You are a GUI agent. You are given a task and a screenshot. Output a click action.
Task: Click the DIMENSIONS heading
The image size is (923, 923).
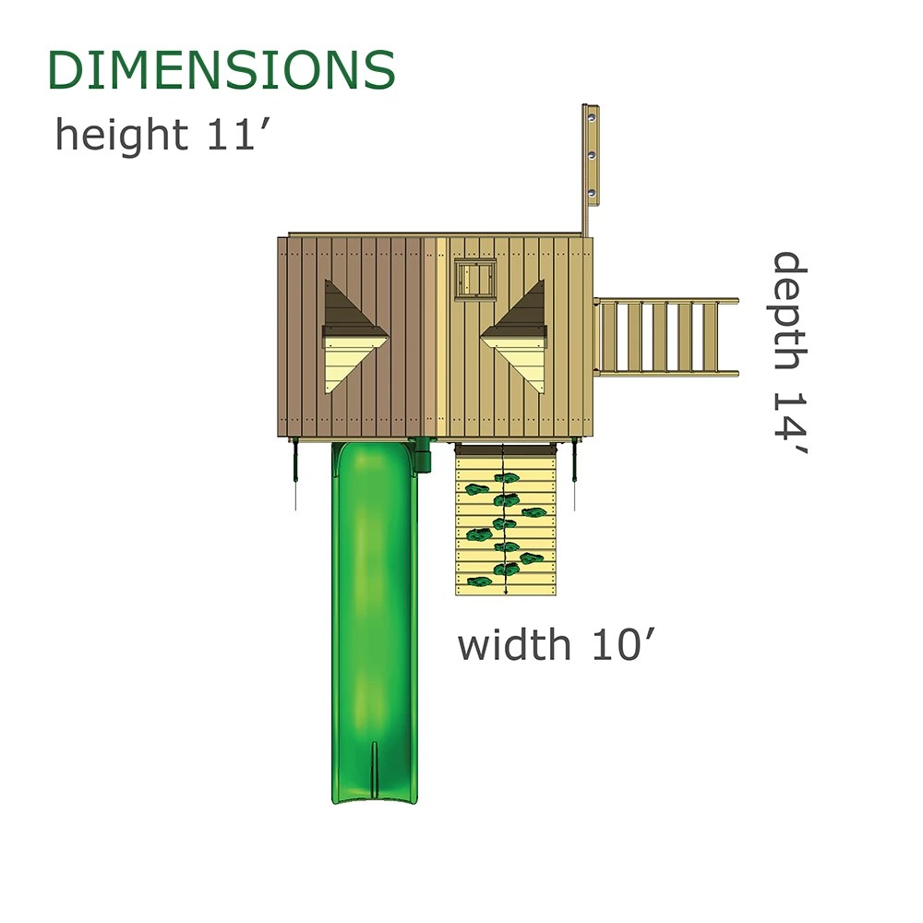[x=222, y=70]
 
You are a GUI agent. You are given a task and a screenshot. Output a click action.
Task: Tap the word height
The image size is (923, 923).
[x=122, y=134]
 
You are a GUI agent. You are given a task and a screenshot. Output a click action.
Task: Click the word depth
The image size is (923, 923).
[x=790, y=311]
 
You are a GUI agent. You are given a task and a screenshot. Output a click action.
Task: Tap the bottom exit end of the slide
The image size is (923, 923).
[x=375, y=797]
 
